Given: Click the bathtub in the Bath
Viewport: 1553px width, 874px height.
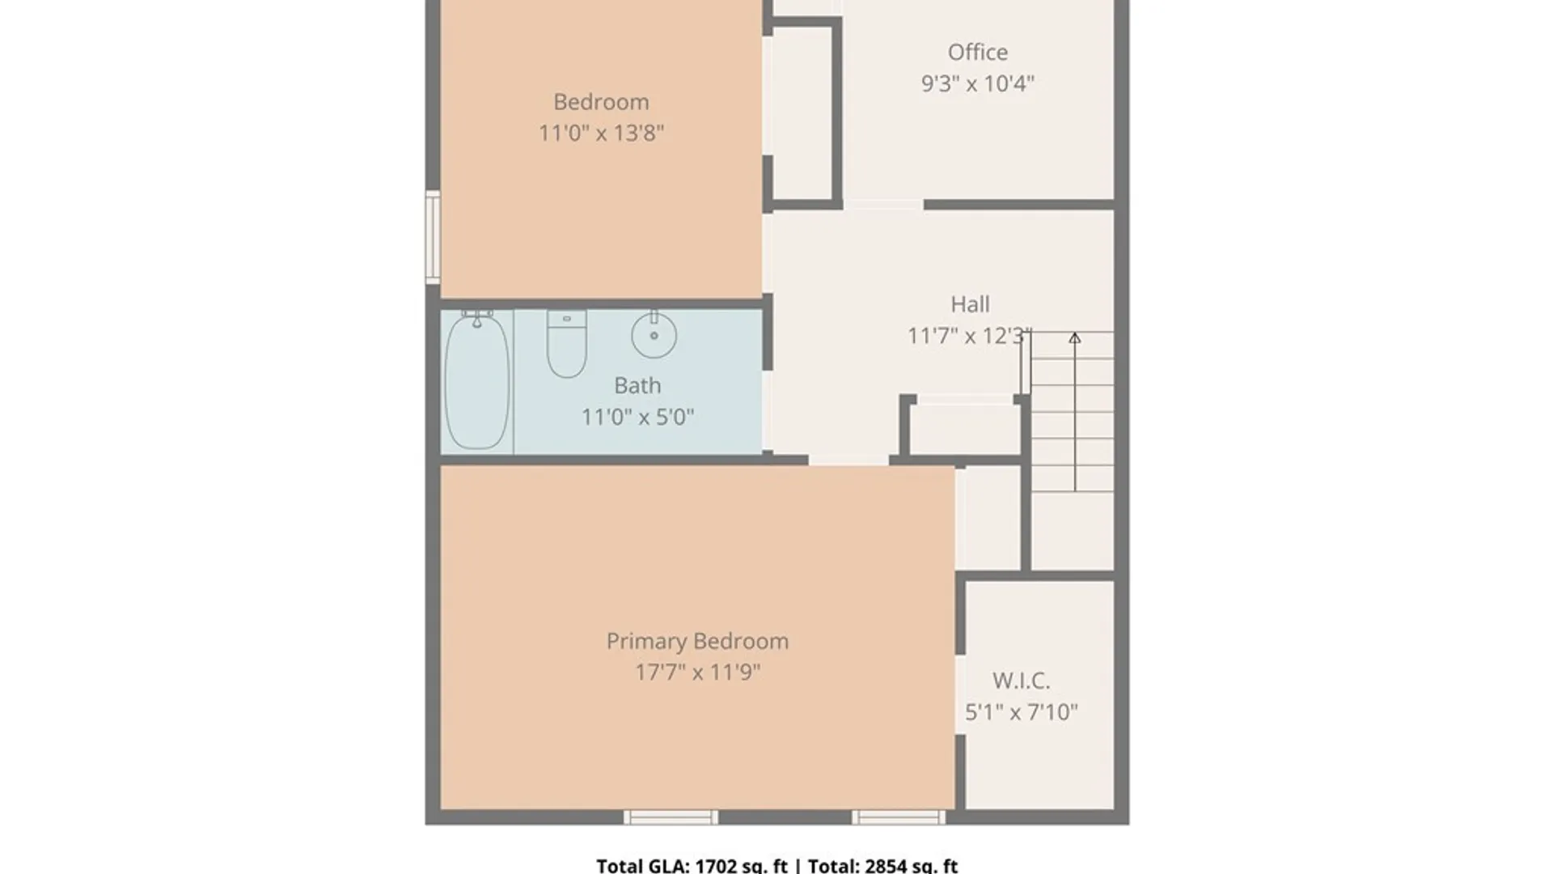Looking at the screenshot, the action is tap(477, 380).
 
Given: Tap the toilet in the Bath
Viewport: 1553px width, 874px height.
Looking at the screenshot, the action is tap(566, 344).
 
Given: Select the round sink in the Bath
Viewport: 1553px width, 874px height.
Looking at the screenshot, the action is tap(654, 334).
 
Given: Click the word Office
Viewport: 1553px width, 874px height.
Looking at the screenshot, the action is tap(978, 52).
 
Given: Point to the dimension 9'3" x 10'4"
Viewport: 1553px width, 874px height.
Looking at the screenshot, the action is tap(978, 83).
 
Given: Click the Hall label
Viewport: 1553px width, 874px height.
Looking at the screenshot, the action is tap(970, 304).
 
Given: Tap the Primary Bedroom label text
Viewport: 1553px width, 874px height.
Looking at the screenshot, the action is tap(697, 641).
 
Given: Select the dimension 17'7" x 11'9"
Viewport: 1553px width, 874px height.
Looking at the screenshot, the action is tap(697, 672).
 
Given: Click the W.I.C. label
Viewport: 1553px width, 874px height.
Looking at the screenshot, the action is tap(1022, 681).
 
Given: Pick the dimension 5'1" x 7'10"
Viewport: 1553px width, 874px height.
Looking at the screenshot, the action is tap(1022, 712).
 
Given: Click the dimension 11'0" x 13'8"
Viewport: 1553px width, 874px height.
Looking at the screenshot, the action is tap(601, 133).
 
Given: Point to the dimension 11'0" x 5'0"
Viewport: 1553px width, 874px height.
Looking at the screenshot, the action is tap(637, 417).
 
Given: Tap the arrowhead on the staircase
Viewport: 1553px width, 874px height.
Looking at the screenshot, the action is tap(1074, 338).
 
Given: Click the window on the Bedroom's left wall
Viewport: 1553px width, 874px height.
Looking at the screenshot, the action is tap(433, 237).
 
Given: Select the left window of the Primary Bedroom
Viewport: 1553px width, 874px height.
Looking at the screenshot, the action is tap(671, 817).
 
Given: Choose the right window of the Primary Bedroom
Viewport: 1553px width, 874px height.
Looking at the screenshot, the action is tap(899, 817).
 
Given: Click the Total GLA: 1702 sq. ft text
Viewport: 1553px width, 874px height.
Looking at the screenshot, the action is tap(692, 865).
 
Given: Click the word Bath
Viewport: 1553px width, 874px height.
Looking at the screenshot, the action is tap(637, 385).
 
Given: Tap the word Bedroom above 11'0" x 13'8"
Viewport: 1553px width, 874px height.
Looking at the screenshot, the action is tap(601, 102).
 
